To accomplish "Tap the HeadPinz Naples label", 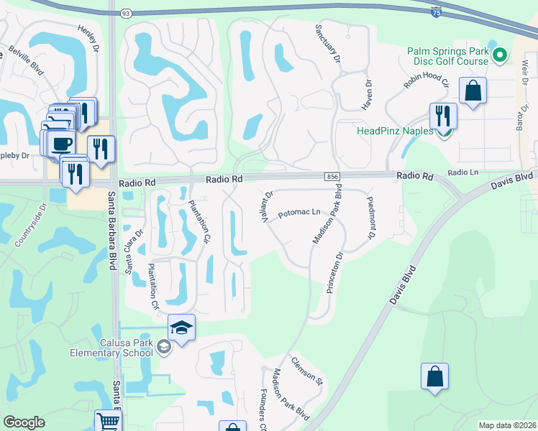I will pyautogui.click(x=395, y=131).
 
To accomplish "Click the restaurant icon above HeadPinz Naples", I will pyautogui.click(x=442, y=116).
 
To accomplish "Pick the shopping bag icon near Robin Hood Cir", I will pyautogui.click(x=473, y=91).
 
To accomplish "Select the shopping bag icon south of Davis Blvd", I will pyautogui.click(x=434, y=376).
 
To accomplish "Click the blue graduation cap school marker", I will pyautogui.click(x=182, y=328).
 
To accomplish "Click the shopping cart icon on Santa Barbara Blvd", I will pyautogui.click(x=108, y=422).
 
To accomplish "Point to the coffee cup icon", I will pyautogui.click(x=63, y=141).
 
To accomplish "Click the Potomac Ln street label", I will pyautogui.click(x=298, y=213).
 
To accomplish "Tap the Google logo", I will pyautogui.click(x=24, y=422).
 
